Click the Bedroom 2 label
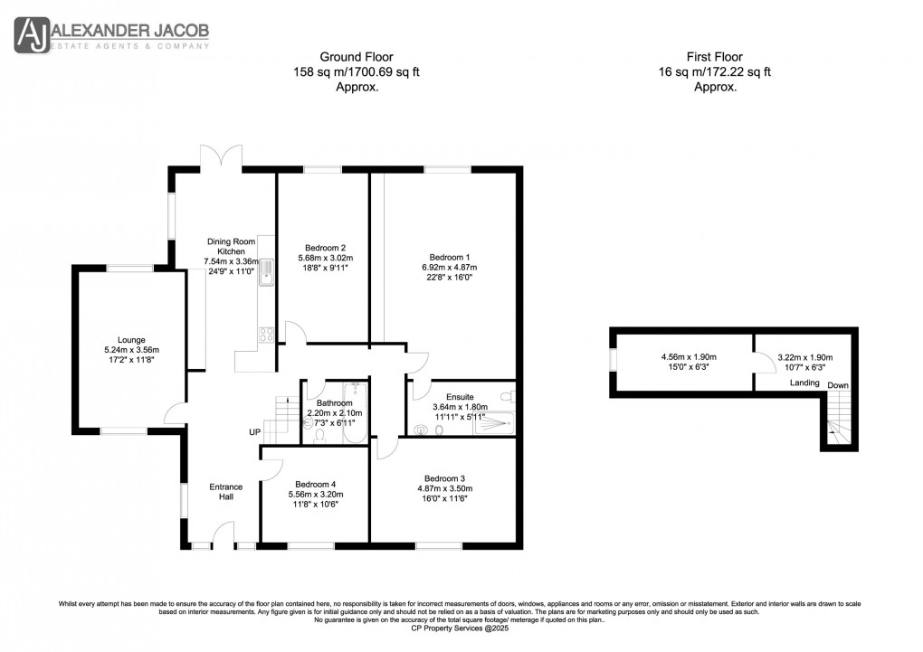[x=326, y=248]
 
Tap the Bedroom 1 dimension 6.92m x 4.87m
[x=449, y=268]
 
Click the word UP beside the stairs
[x=255, y=432]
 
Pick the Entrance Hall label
[x=226, y=493]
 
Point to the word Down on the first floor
[x=838, y=385]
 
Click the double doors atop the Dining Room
[x=223, y=156]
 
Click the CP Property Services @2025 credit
[x=461, y=628]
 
